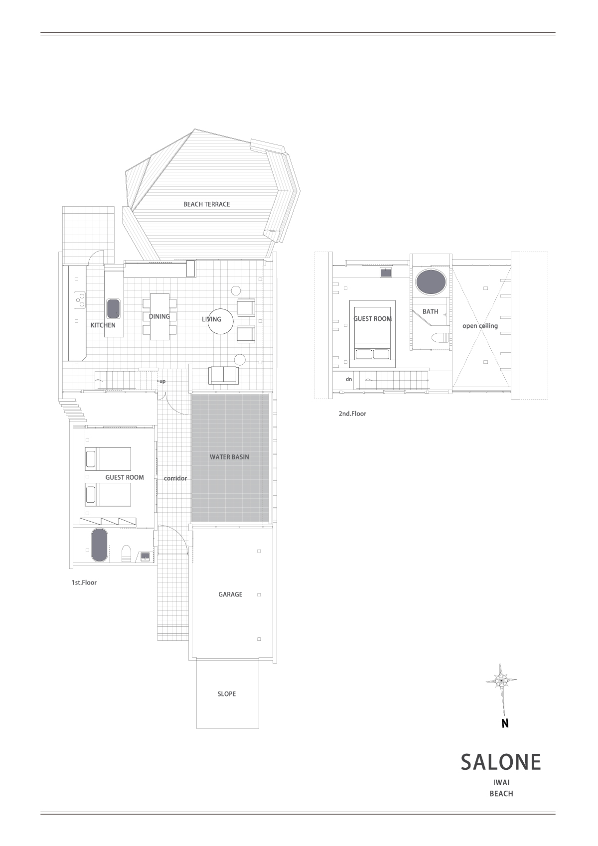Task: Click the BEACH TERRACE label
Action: click(207, 204)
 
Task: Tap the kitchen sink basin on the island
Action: click(113, 308)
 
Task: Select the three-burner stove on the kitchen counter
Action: click(80, 300)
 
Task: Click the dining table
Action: click(159, 316)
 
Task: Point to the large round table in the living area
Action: click(221, 321)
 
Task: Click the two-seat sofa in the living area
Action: click(223, 375)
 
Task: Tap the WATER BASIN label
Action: click(229, 457)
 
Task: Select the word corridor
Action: click(175, 478)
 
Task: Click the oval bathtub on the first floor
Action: click(100, 545)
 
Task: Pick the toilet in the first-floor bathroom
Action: click(126, 554)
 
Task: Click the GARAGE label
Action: click(230, 594)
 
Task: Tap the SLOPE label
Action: click(227, 694)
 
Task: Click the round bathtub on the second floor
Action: click(431, 282)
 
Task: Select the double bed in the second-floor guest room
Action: click(372, 334)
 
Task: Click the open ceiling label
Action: click(480, 326)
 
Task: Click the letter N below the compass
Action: click(505, 723)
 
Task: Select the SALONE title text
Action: click(501, 762)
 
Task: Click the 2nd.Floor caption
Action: click(352, 414)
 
